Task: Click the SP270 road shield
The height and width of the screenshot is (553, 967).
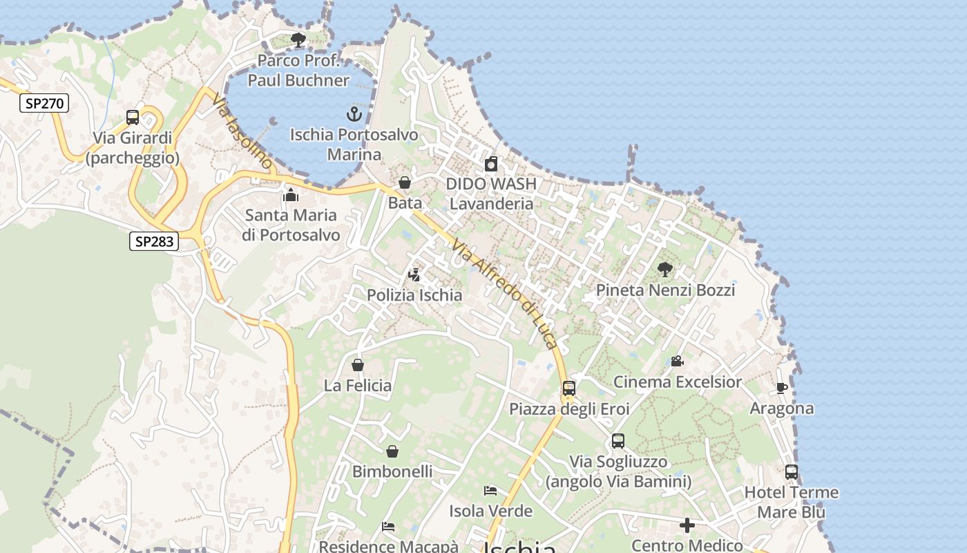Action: tap(44, 104)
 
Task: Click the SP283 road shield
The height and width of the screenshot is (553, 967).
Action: tap(154, 241)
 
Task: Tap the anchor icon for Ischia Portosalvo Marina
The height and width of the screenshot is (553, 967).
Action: tap(354, 114)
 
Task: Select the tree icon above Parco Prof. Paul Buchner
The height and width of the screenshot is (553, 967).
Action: tap(298, 40)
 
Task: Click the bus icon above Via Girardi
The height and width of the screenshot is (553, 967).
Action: tap(133, 118)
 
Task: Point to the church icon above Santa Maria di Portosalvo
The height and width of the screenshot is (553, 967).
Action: tap(291, 195)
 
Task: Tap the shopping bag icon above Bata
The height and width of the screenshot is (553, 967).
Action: tap(405, 183)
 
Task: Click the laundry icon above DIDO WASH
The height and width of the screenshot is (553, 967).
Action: tap(491, 164)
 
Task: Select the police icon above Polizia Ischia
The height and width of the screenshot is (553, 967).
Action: tap(414, 275)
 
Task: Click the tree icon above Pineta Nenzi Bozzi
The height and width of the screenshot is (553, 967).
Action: tap(665, 270)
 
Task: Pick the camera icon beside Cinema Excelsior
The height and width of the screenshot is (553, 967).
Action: tap(677, 362)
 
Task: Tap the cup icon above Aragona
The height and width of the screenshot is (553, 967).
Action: tap(782, 388)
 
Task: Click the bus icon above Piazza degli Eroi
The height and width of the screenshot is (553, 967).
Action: tap(569, 388)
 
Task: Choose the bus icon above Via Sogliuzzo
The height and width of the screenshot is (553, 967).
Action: tap(618, 441)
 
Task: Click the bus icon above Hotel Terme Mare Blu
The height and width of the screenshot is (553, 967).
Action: tap(792, 472)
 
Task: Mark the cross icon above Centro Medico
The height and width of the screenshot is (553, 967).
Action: tap(687, 526)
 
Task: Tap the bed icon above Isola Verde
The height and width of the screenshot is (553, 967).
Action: tap(490, 491)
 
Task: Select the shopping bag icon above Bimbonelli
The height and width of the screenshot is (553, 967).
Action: tap(392, 451)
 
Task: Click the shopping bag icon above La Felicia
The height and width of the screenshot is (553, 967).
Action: tap(358, 365)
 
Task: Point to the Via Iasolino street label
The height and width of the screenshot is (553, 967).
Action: tap(242, 132)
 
